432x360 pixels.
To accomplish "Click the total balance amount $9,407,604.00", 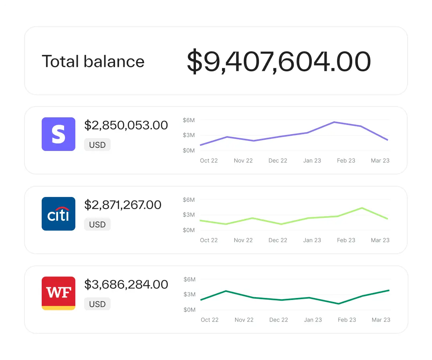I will coord(279,61).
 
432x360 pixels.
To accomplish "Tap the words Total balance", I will coord(93,61).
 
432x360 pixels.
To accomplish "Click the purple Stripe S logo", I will coord(59,134).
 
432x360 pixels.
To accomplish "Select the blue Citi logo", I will coord(59,214).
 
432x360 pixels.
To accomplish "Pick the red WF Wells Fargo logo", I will coord(59,293).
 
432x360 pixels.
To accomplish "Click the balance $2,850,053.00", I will coord(126,125).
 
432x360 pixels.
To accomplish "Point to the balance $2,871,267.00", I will coord(123,205).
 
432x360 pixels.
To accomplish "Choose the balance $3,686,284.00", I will coord(126,285).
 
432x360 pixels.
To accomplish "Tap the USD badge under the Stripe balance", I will coord(97,145).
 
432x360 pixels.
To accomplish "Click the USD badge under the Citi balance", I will coord(97,225).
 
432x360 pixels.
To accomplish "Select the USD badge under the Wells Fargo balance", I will coord(97,304).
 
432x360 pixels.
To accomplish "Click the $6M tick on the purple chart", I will coord(189,120).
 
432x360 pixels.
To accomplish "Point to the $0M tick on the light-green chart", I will coord(189,230).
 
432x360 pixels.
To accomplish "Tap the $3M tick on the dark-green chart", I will coord(190,294).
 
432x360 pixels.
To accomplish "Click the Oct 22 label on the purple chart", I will coord(209,161).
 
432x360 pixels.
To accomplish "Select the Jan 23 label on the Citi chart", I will coord(312,240).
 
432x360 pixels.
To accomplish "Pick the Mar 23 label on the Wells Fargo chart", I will coord(381,320).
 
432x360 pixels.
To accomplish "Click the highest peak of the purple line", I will coord(334,122).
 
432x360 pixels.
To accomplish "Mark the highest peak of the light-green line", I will coord(362,208).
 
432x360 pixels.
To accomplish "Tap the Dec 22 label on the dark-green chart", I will coord(279,320).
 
